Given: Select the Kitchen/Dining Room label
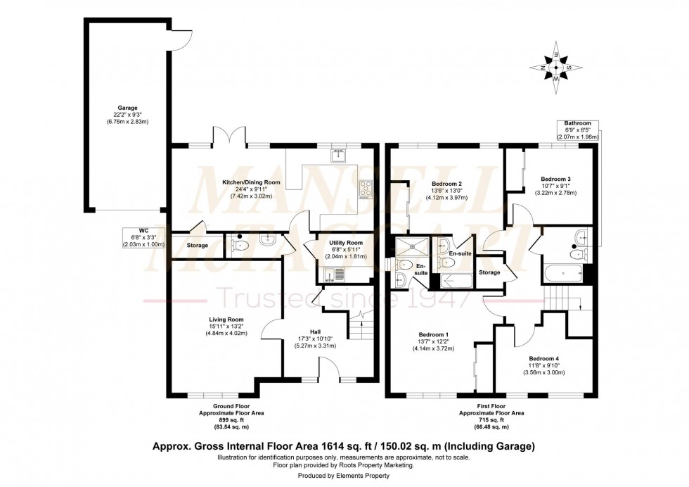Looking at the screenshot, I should pos(251,182).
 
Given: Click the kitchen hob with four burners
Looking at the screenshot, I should pos(366,188).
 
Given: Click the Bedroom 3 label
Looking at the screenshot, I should pos(556,179).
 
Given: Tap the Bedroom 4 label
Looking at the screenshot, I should pos(545,357).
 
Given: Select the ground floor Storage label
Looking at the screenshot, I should pos(198,245).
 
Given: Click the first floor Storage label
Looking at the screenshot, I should pos(489,272).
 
